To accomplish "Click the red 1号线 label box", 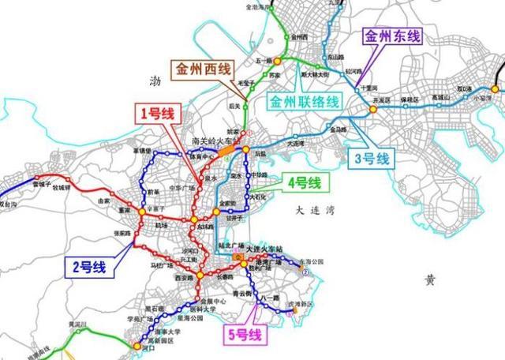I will [x=157, y=114].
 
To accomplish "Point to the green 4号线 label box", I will [x=304, y=183].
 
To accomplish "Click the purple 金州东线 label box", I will [x=392, y=36].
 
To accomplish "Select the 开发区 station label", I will [x=383, y=100].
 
